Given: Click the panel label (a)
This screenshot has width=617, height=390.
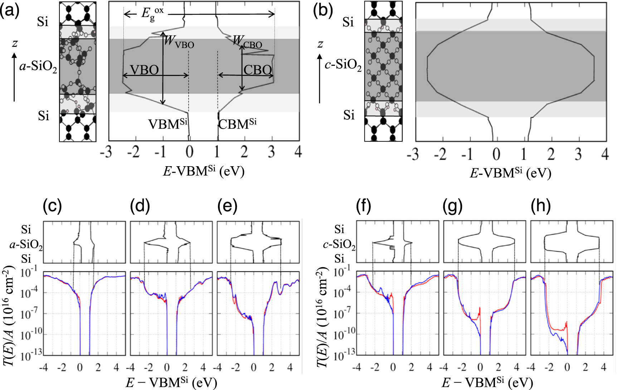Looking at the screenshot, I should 10,11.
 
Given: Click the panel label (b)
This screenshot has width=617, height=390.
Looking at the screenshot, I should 323,11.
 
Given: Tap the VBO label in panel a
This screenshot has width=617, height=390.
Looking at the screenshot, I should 144,70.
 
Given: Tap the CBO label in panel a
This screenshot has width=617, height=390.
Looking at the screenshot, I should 257,70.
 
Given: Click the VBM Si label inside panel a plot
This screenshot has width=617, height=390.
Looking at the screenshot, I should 167,124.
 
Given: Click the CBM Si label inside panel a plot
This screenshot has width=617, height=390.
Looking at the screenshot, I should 237,124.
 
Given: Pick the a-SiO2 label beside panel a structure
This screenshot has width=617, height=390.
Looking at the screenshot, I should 38,67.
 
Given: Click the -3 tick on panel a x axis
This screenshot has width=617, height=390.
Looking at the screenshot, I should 106,153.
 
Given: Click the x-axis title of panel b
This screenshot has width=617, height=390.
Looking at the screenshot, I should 510,173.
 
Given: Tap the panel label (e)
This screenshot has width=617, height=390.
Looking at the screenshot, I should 227,206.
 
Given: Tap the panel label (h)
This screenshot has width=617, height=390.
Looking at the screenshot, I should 541,206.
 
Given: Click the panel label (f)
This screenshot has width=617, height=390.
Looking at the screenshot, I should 364,206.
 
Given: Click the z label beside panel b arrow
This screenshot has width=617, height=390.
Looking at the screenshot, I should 320,44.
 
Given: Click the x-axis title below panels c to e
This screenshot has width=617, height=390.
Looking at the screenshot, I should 171,382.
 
